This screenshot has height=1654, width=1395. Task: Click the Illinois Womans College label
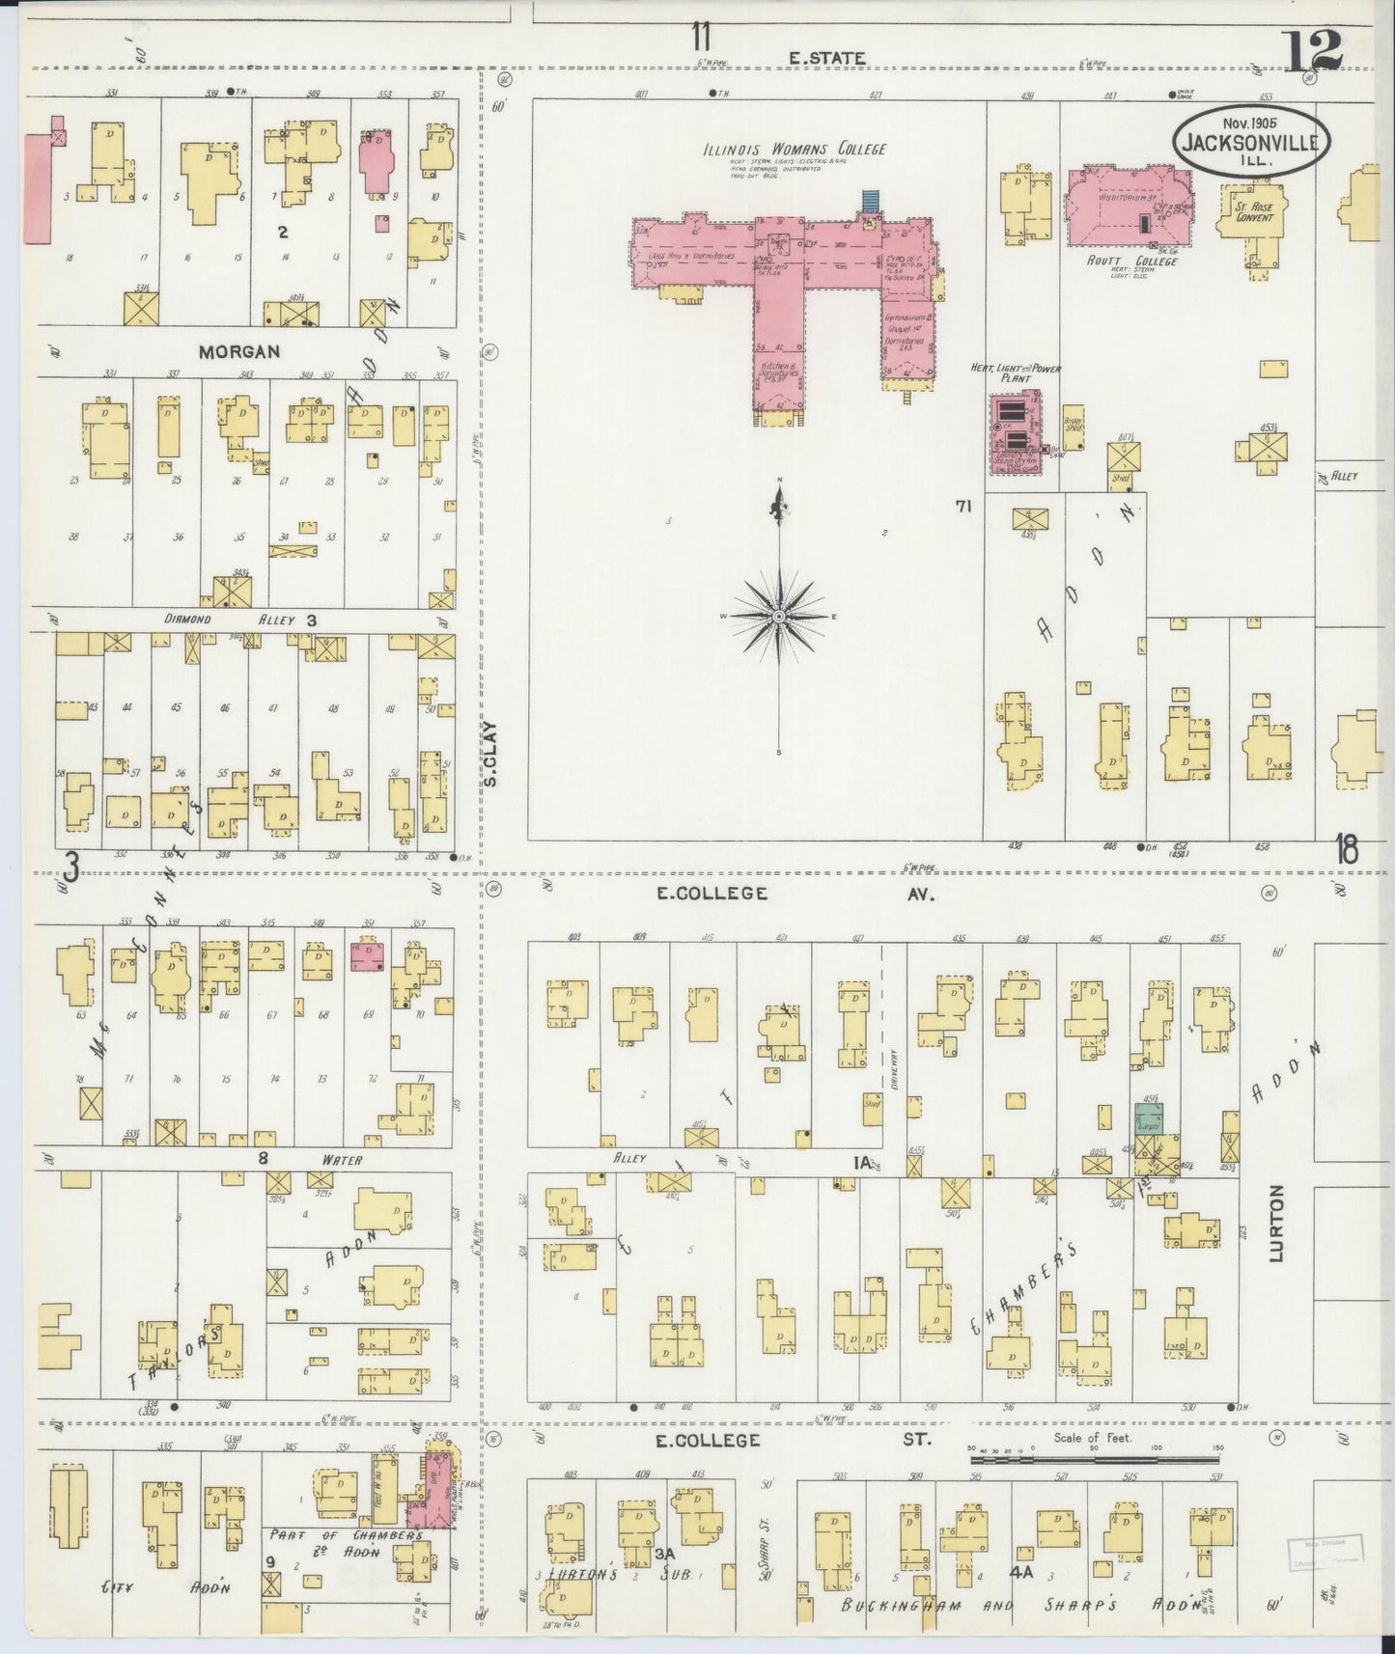794,149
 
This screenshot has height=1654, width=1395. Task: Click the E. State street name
826,59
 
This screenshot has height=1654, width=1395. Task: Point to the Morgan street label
238,352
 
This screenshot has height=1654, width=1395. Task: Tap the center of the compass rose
779,616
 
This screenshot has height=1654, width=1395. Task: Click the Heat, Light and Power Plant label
1017,373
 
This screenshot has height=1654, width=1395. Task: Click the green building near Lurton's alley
1148,1118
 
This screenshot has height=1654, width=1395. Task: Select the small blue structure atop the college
871,200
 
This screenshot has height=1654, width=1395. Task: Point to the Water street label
343,1160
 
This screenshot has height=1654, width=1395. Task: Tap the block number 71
963,506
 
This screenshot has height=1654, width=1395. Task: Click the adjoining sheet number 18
1346,851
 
